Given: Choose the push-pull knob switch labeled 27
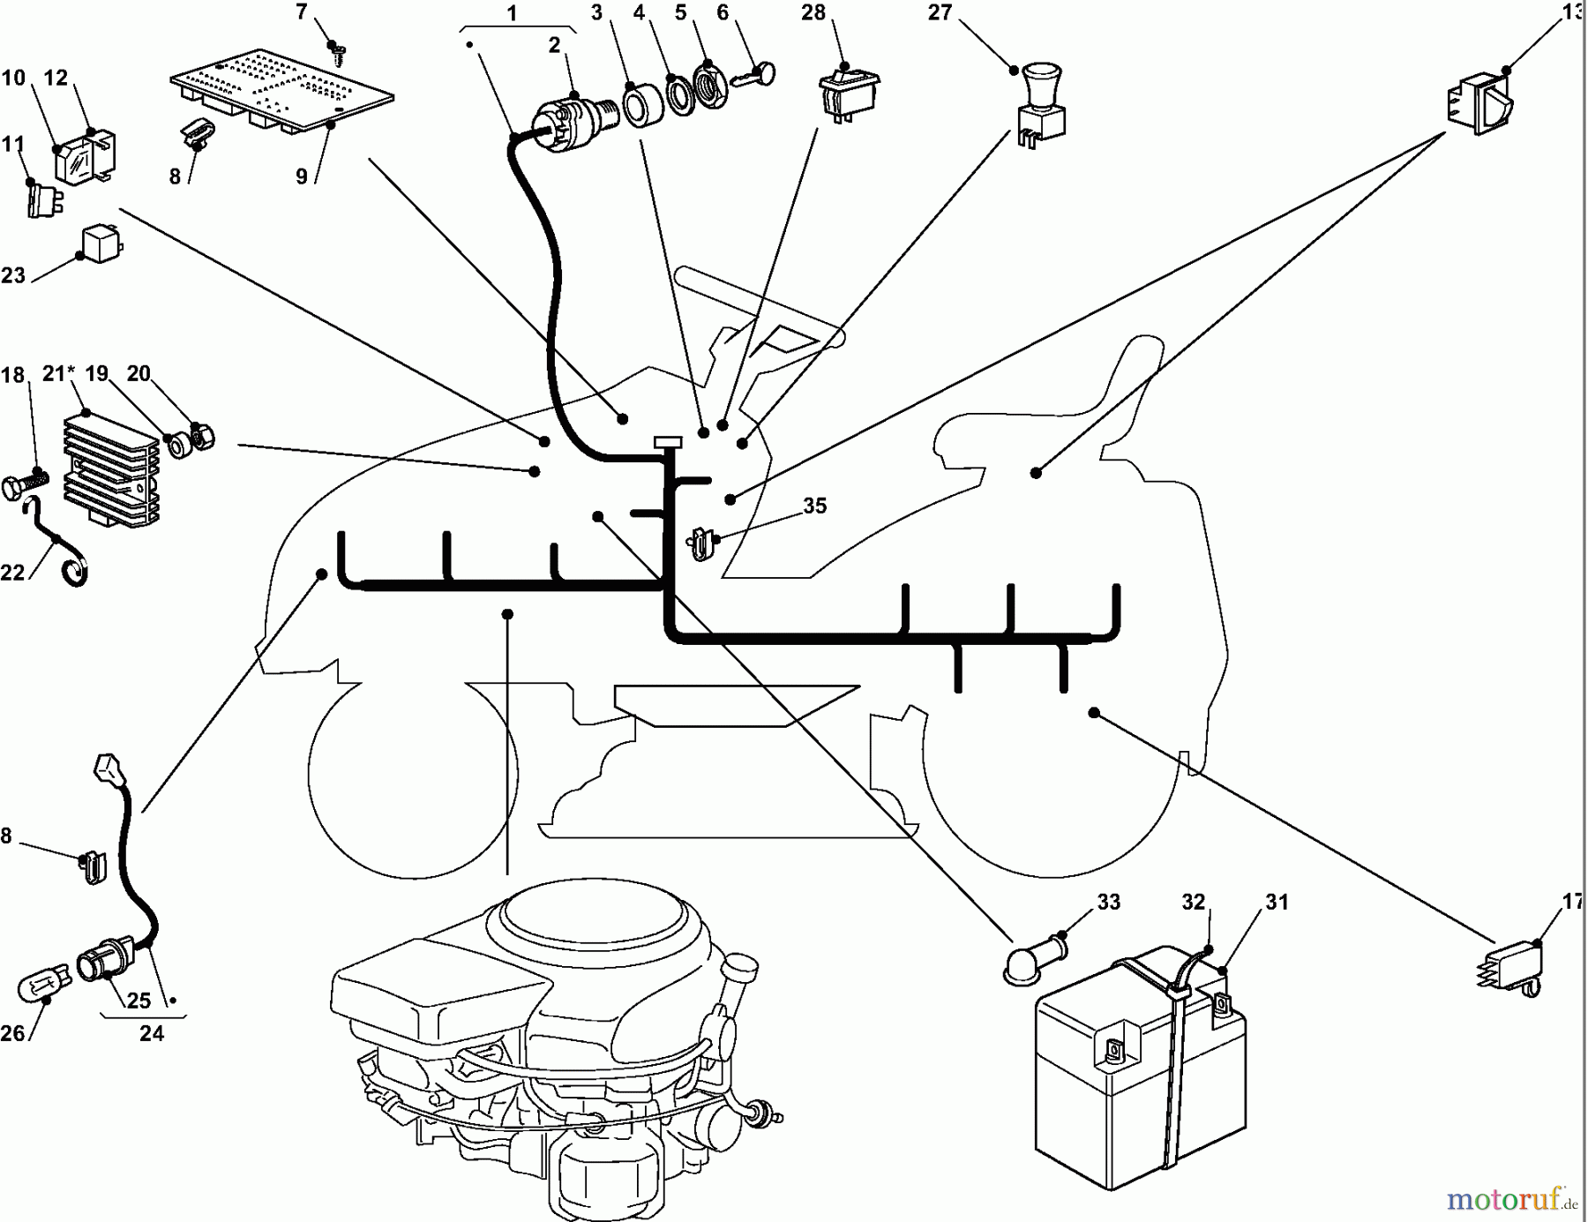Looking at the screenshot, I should click(1041, 106).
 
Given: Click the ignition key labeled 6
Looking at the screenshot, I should click(760, 75).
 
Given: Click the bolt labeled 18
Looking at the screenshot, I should click(25, 484).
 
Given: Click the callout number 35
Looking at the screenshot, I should click(814, 506).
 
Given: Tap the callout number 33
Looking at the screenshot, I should click(1108, 902).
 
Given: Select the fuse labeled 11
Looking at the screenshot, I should click(43, 199).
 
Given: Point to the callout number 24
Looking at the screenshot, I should click(152, 1033).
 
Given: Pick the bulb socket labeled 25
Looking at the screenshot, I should click(103, 962).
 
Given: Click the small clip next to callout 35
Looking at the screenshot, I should click(700, 544).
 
